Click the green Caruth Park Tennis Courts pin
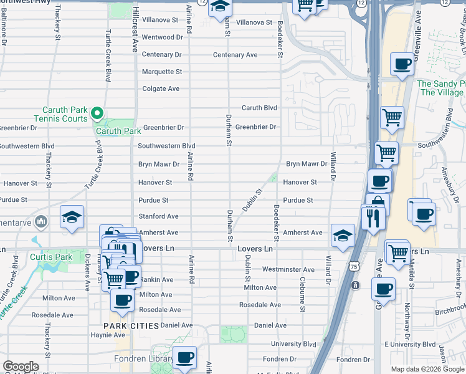tap(97, 113)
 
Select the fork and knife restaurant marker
tap(373, 218)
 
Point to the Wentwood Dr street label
tap(162, 37)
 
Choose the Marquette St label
tap(162, 72)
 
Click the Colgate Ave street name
tap(161, 89)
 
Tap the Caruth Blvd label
tap(259, 108)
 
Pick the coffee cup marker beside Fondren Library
tap(184, 358)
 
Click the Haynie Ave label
tap(91, 335)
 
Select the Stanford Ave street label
tap(158, 216)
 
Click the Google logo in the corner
tap(21, 367)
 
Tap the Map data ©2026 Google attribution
tap(427, 369)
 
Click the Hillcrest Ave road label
tap(133, 34)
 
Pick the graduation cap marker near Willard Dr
tap(342, 236)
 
